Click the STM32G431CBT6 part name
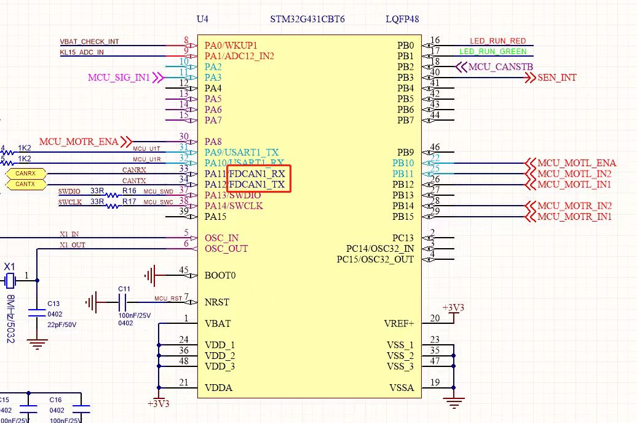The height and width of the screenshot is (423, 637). pos(307,19)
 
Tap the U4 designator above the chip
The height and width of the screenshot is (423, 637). pos(202,19)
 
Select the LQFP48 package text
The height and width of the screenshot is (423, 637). pos(402,19)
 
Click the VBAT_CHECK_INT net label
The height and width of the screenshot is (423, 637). pos(89,41)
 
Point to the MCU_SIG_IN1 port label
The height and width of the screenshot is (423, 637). pos(119,78)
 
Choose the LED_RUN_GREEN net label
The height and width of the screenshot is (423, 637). pos(493,52)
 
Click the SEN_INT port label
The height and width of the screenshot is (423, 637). pos(557,78)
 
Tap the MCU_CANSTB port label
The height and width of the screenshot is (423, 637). pos(501,66)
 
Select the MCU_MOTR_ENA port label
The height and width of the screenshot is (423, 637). pos(79,142)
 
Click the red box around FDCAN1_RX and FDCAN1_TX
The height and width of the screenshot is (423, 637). pos(258,179)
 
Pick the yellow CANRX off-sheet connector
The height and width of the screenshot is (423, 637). pos(25,174)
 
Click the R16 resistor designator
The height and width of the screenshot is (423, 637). pos(129,191)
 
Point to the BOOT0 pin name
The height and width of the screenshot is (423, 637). pos(220,275)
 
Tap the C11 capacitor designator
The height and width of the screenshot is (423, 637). pos(124,289)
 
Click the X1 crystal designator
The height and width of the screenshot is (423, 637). pos(9,267)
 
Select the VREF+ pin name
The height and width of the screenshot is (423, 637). pos(399,324)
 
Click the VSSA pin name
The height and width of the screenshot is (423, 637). pos(402,388)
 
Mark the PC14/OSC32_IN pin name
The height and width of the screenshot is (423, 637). pos(379,249)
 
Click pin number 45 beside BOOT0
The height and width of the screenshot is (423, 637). pos(183,270)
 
